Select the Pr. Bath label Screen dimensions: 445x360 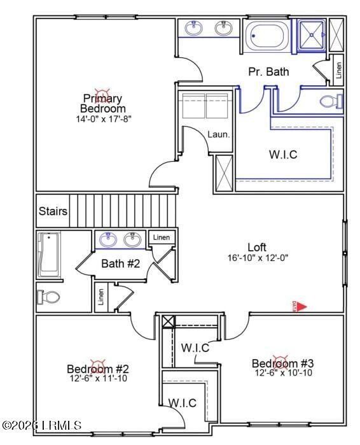(x=268, y=72)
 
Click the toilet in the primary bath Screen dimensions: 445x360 (x=331, y=101)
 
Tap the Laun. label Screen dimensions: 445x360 (x=218, y=134)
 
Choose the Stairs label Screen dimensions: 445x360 (x=53, y=211)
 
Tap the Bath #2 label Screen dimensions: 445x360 (x=120, y=263)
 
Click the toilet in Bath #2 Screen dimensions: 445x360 (x=49, y=296)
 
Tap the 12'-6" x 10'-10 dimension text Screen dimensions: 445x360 (x=283, y=373)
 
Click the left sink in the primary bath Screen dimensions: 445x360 (x=193, y=28)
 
